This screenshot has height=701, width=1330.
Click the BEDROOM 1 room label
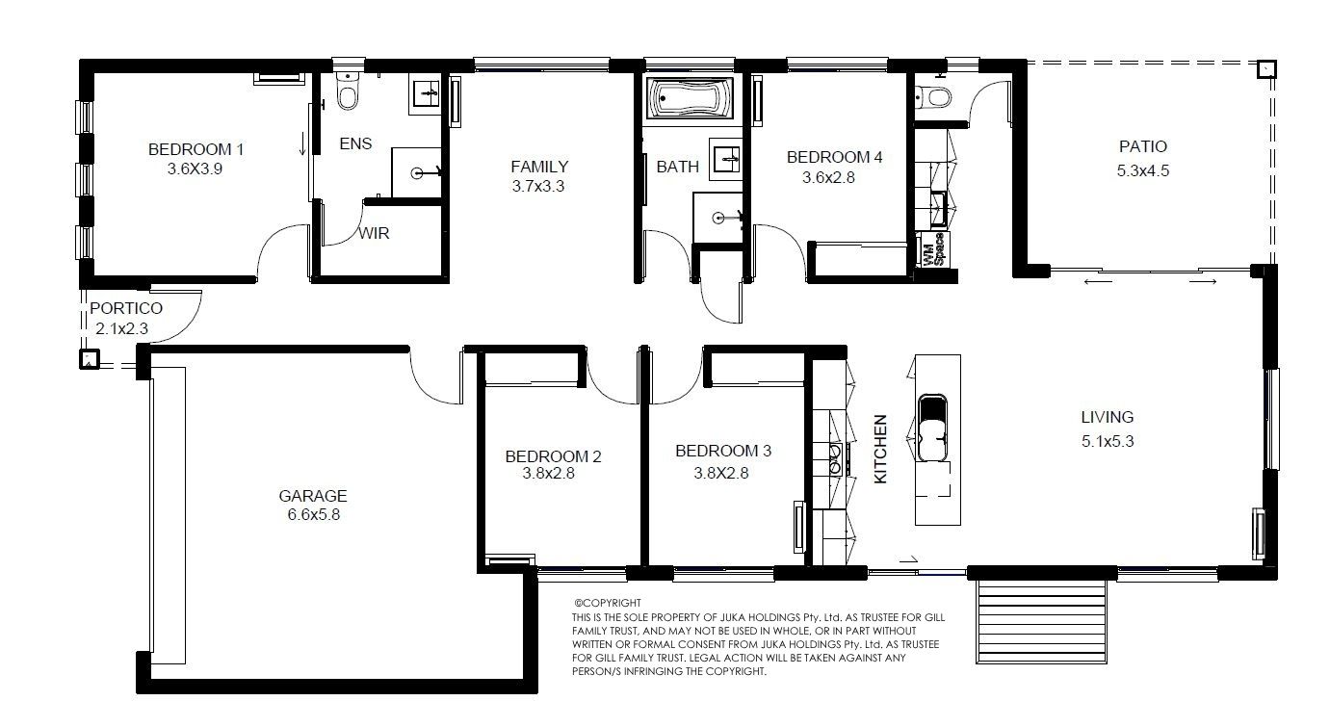(196, 149)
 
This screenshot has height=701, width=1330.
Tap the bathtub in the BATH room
(691, 99)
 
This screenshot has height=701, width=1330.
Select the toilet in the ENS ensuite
(347, 91)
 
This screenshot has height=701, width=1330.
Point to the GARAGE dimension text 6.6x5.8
(314, 514)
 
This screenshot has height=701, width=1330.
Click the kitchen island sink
(932, 428)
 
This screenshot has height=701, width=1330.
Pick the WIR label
(374, 233)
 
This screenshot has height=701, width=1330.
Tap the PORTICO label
(126, 308)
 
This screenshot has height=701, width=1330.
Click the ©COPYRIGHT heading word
(608, 603)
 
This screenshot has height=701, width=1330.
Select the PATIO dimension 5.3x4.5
(1143, 171)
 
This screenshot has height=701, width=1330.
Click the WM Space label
(934, 250)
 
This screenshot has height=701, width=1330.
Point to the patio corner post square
(1266, 69)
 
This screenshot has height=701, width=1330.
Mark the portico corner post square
(89, 359)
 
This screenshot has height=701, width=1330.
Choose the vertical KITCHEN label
(880, 449)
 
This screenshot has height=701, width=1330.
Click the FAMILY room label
(539, 167)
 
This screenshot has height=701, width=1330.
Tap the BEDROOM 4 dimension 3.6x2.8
(828, 177)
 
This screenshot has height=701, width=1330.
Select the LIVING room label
(1108, 417)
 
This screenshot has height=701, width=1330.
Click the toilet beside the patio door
(933, 96)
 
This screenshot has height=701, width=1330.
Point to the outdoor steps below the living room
(1041, 621)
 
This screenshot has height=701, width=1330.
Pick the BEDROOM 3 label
(723, 451)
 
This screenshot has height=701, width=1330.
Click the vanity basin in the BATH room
(725, 159)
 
